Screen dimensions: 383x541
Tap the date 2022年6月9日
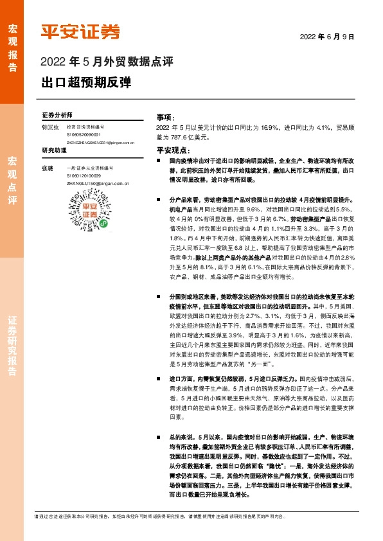pyautogui.click(x=328, y=37)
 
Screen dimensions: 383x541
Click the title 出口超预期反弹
pyautogui.click(x=85, y=83)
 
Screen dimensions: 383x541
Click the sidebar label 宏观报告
pyautogui.click(x=12, y=44)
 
